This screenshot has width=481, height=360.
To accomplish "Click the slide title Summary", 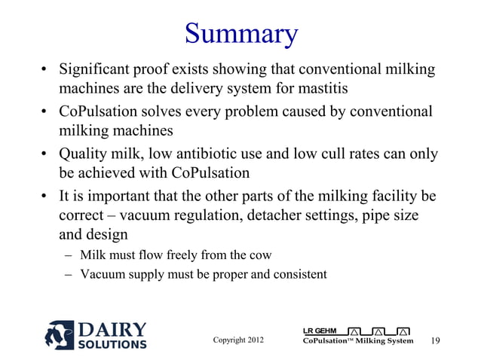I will [240, 32].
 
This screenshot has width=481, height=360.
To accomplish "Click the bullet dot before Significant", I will [45, 72].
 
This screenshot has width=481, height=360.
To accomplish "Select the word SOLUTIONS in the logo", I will [112, 345].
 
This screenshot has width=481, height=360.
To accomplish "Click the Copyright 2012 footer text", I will [238, 340].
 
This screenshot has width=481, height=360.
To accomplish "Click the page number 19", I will [435, 341].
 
